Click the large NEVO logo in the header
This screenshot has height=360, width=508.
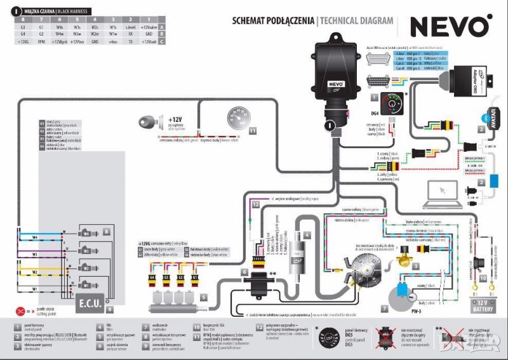click(450, 27)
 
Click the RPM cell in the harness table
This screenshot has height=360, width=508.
click(41, 43)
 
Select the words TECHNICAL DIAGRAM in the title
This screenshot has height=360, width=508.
click(357, 20)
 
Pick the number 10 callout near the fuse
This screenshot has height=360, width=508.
click(482, 278)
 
